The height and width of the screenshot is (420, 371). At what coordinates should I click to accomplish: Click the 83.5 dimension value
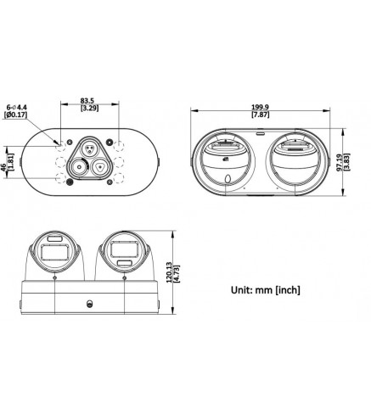87,100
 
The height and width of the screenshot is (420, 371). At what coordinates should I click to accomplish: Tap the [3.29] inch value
89,108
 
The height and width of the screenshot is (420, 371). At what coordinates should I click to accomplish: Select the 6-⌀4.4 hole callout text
17,108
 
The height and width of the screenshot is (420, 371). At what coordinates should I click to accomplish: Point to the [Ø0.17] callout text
15,115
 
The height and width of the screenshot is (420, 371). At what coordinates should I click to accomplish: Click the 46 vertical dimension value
3,166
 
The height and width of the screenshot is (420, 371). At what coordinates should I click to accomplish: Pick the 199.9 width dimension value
260,107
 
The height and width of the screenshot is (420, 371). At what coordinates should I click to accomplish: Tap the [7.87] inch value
260,115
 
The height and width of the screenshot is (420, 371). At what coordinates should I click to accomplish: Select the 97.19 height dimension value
340,162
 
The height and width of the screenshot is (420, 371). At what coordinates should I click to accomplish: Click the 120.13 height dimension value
169,272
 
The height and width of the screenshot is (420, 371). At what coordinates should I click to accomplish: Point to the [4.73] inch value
177,273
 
